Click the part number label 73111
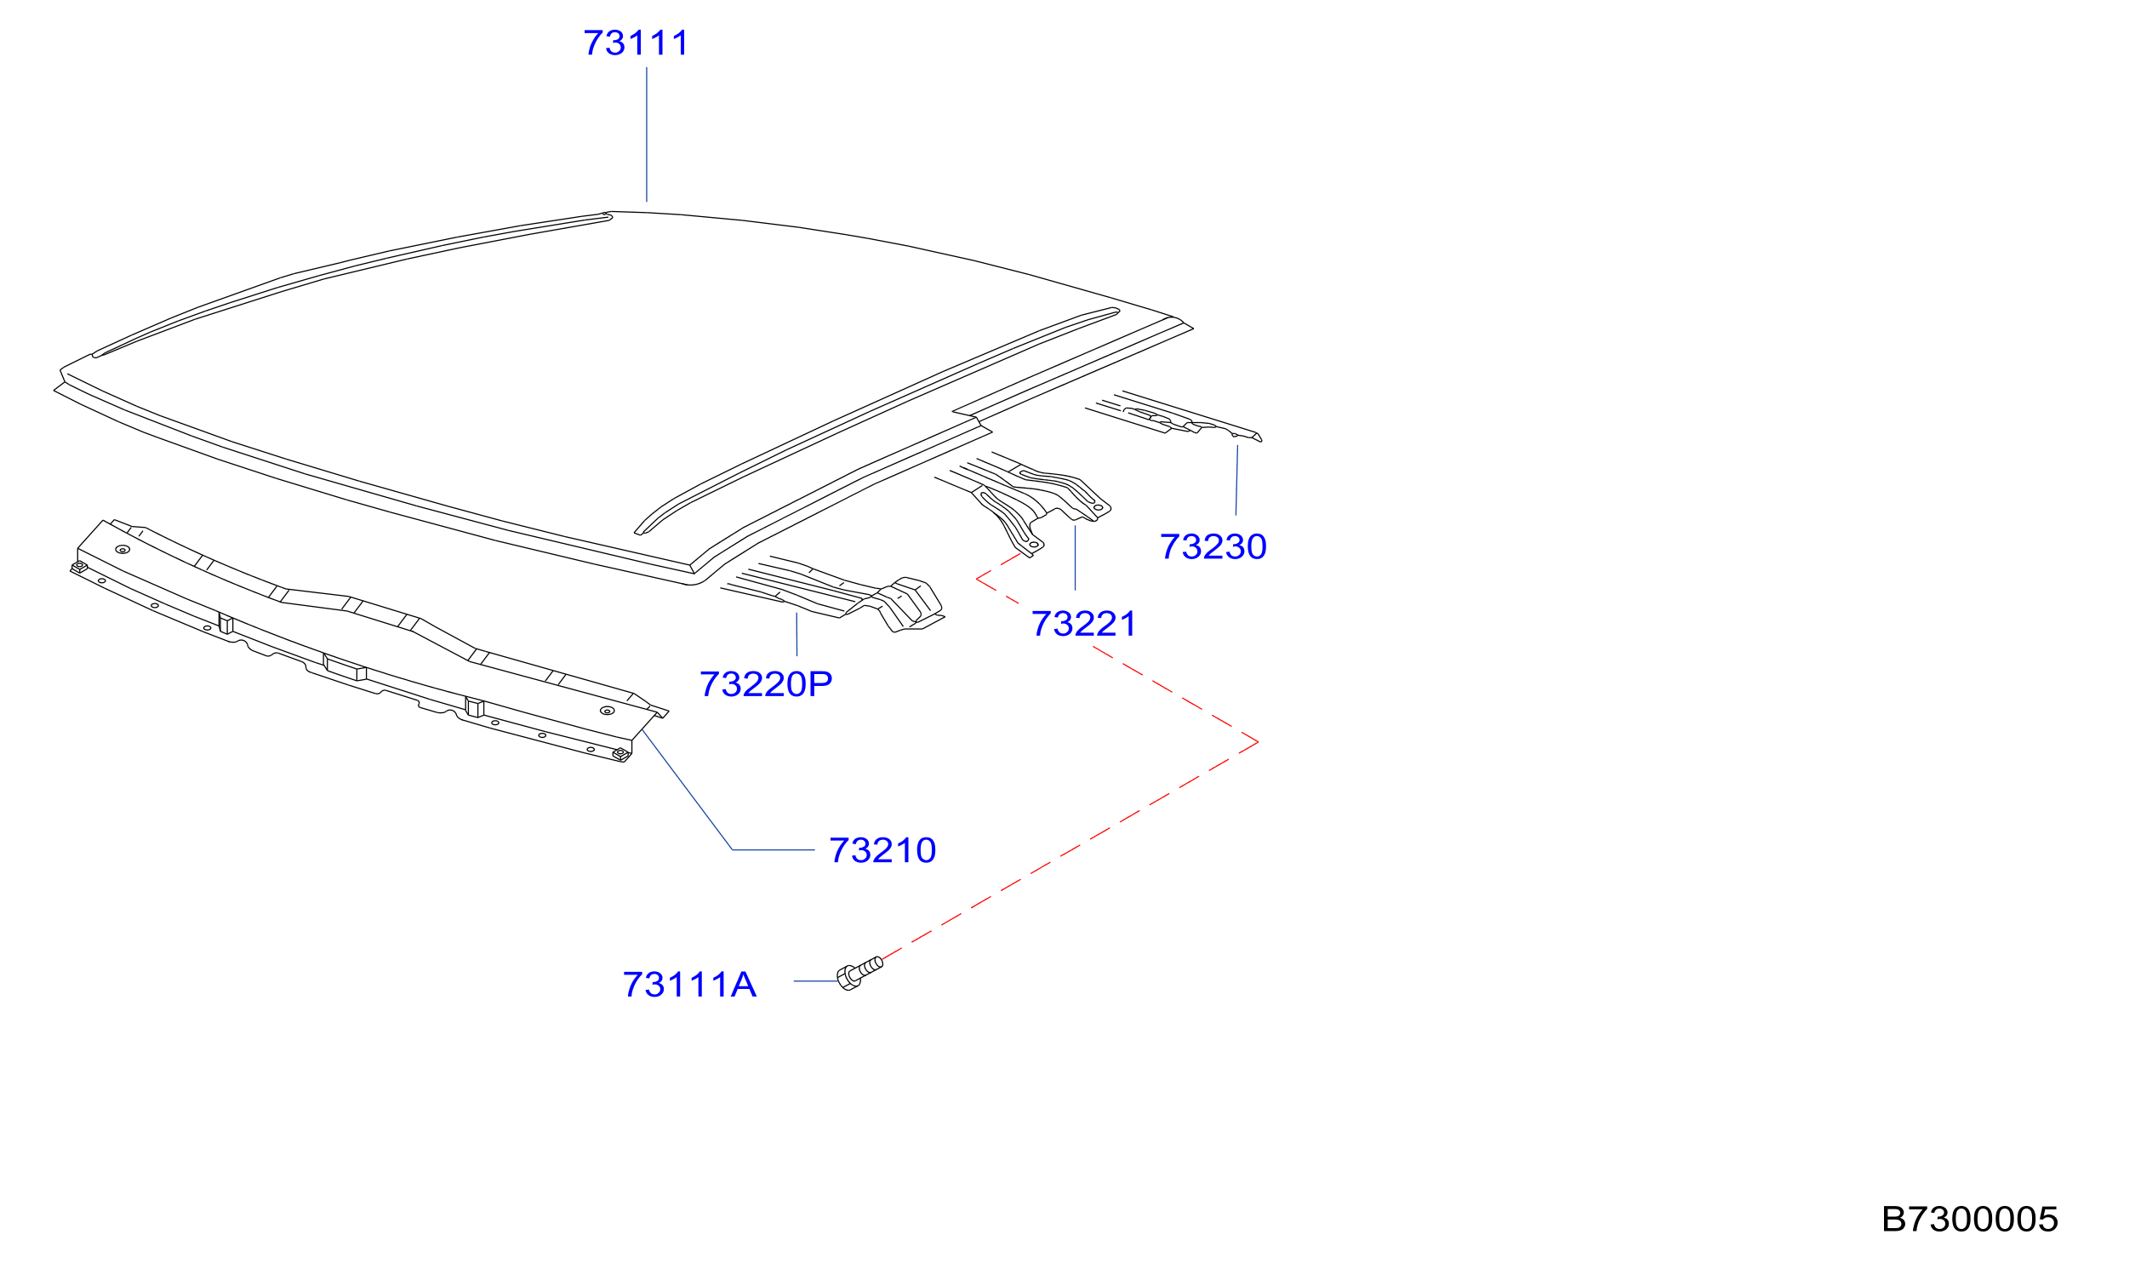point(636,43)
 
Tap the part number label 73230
point(1213,546)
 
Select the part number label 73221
point(1083,624)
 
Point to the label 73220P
point(766,684)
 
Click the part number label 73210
point(882,850)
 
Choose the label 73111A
point(689,985)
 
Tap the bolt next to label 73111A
point(859,973)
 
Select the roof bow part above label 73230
point(1174,417)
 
